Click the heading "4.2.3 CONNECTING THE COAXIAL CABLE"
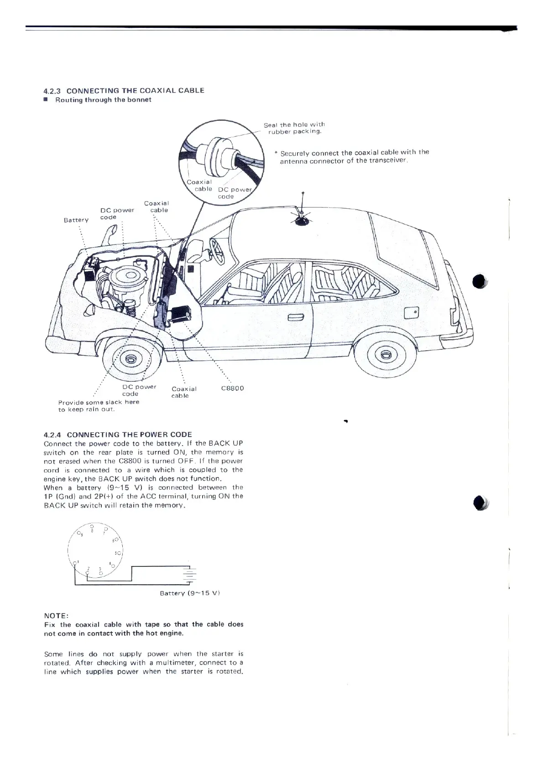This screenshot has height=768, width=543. [124, 90]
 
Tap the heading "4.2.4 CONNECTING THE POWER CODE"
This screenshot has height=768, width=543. [118, 434]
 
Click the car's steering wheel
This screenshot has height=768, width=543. [217, 251]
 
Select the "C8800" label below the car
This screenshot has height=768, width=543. [232, 389]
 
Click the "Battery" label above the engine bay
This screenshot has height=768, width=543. [76, 220]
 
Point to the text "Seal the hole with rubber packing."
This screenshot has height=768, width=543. [294, 128]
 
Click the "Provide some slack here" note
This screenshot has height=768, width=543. [99, 402]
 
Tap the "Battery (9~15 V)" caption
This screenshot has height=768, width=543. [190, 593]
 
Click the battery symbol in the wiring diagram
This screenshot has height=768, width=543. [189, 576]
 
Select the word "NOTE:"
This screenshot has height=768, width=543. [56, 615]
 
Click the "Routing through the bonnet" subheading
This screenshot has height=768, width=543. [103, 100]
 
